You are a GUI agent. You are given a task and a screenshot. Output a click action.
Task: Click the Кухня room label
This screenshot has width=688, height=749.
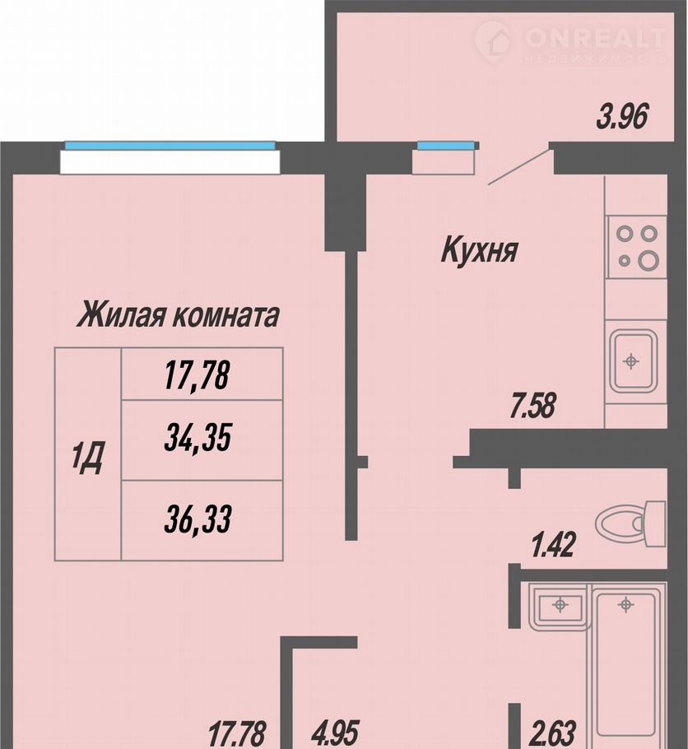point(480,250)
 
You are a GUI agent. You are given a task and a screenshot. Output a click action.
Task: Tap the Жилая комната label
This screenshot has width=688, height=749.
point(178,314)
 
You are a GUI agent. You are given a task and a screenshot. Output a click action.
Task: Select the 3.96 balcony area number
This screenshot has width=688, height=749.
point(622,118)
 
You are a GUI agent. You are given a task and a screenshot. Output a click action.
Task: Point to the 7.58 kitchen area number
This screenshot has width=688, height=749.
point(532,406)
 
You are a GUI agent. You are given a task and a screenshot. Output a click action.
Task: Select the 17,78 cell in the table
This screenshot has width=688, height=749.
point(198,375)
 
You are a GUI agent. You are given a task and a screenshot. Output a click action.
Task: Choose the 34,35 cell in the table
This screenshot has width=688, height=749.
point(198,439)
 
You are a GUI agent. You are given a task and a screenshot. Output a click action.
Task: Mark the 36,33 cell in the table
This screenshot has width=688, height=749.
point(198,519)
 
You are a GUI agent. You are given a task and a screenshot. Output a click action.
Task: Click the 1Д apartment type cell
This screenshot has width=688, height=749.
point(88,454)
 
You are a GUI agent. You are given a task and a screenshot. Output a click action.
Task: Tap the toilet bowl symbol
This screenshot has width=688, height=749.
point(630,524)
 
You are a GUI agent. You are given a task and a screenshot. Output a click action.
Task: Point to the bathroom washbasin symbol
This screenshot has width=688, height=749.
point(560,606)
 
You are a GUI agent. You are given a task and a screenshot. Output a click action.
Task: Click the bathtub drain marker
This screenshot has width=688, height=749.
point(626,605)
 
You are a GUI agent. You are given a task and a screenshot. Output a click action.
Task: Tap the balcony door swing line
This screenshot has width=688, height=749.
point(518,167)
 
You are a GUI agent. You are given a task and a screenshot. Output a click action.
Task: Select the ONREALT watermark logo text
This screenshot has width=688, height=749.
point(595,38)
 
